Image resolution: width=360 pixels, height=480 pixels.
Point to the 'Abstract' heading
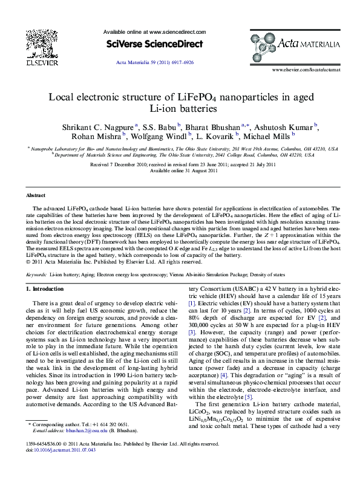click(x=36, y=195)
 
